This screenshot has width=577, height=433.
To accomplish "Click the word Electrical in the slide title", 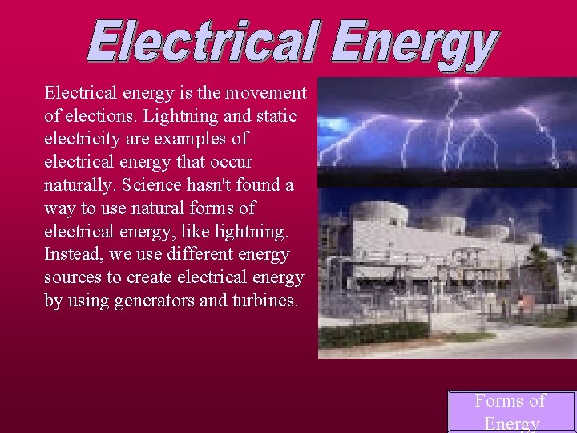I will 204,42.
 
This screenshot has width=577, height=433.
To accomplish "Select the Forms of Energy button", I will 510,411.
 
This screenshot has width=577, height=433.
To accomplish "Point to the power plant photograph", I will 446,273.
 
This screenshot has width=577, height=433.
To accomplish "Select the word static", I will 275,116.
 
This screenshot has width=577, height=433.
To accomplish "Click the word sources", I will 72,278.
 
